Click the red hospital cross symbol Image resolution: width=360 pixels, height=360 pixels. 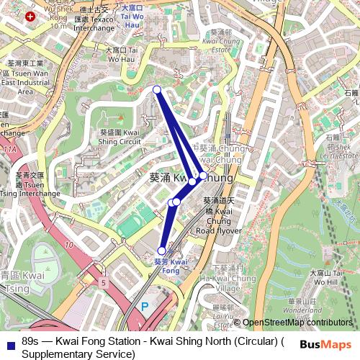pos(30,16)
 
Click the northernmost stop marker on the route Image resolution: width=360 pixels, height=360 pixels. pos(157,89)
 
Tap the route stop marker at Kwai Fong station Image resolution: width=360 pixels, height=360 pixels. pos(161,251)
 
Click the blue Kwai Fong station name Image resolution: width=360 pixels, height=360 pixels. pos(171,266)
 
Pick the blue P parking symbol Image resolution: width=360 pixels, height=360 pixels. pos(144,306)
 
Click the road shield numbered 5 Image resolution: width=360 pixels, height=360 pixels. pos(104,283)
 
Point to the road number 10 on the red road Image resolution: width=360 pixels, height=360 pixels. pos(68,245)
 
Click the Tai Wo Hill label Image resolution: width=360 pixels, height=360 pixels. pos(328,278)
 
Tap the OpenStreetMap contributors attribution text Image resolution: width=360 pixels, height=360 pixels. pos(297,323)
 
